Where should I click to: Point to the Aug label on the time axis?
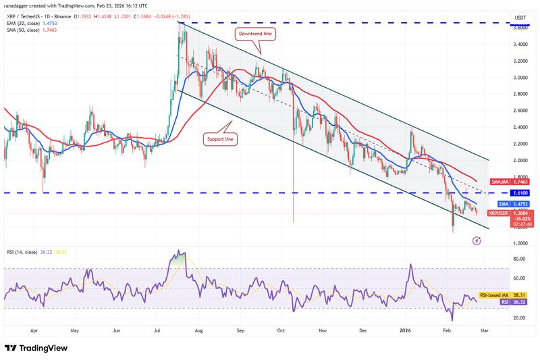199,332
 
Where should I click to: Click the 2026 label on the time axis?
405,332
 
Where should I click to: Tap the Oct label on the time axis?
282,332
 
